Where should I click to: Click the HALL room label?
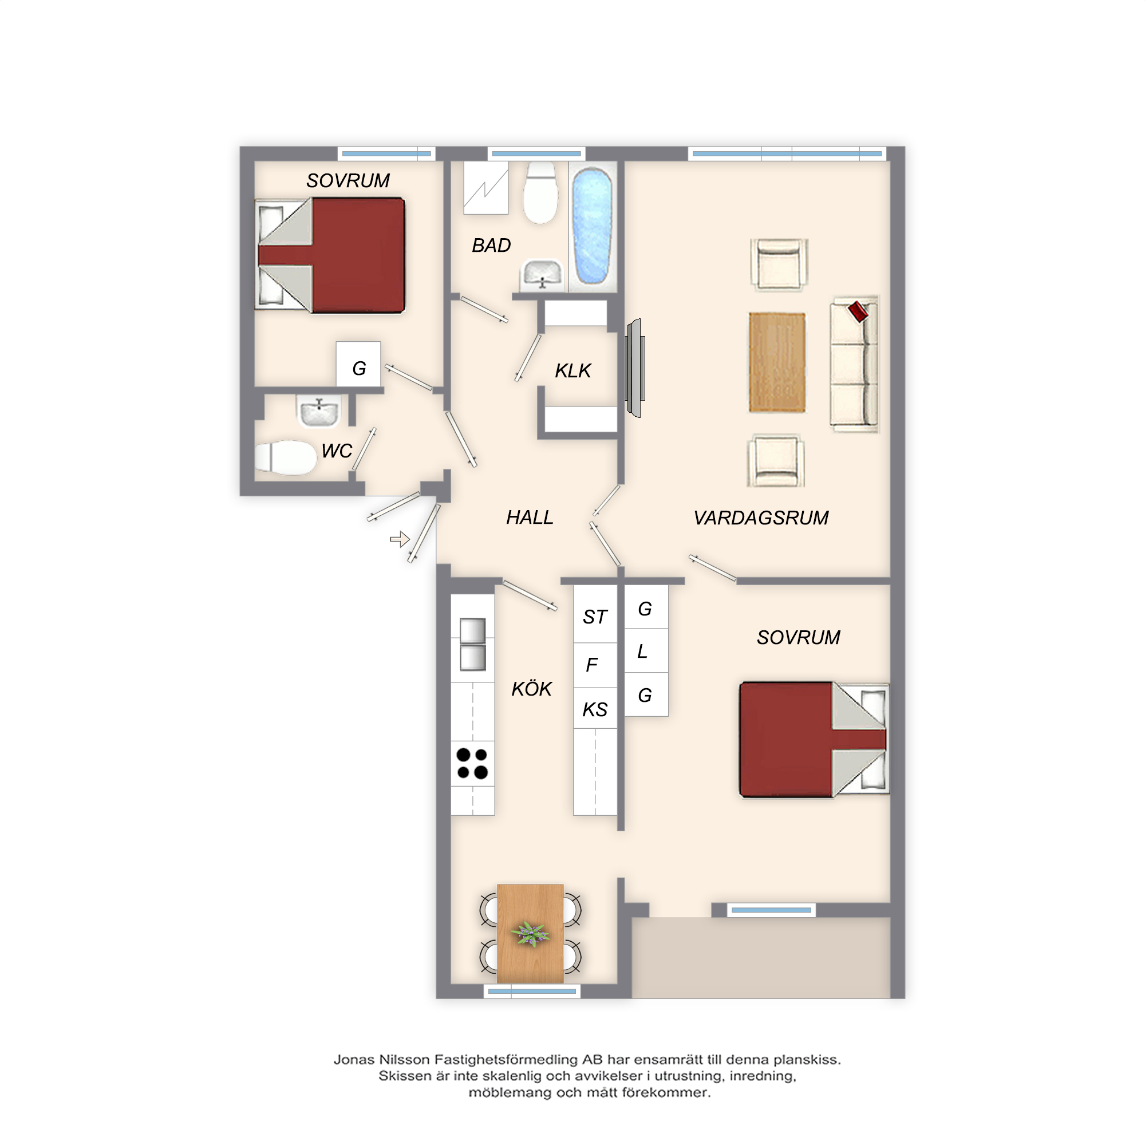[x=529, y=518]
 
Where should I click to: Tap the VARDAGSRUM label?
[x=761, y=518]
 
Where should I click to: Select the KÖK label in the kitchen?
[x=532, y=689]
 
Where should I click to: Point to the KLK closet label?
[x=572, y=370]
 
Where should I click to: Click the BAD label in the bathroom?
[x=491, y=246]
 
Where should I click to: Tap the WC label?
[x=337, y=451]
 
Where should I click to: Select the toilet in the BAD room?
[x=540, y=192]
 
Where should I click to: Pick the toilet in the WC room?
[x=285, y=457]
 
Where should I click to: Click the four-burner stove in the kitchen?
[x=472, y=763]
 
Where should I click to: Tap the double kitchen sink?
[x=472, y=644]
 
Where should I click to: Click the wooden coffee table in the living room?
[x=777, y=362]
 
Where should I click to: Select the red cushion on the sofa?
[x=858, y=311]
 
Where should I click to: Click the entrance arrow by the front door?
[x=400, y=539]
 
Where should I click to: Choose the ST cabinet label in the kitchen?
[x=595, y=617]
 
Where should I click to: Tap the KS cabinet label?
[x=595, y=709]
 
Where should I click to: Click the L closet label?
[x=642, y=652]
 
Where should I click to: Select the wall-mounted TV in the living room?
[x=635, y=368]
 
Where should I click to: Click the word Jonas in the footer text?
[x=353, y=1060]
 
